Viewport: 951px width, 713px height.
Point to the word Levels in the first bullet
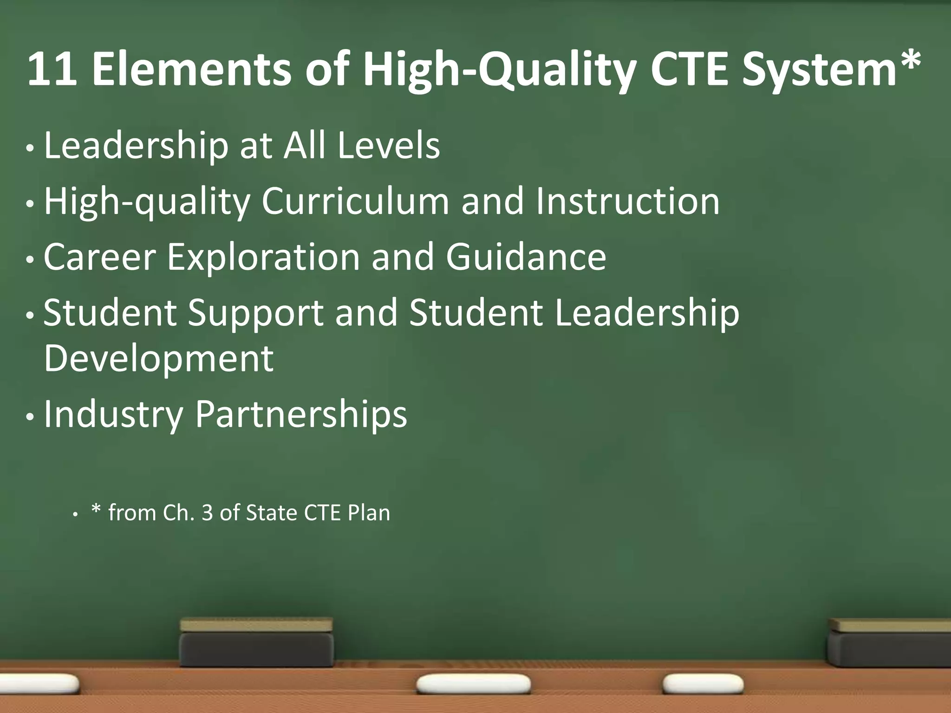(389, 146)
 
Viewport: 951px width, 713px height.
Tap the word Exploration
(263, 257)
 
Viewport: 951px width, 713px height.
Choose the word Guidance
(526, 257)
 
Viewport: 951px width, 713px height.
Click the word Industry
(113, 414)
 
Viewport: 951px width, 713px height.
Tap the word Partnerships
(301, 414)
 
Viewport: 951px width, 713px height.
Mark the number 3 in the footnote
(207, 513)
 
